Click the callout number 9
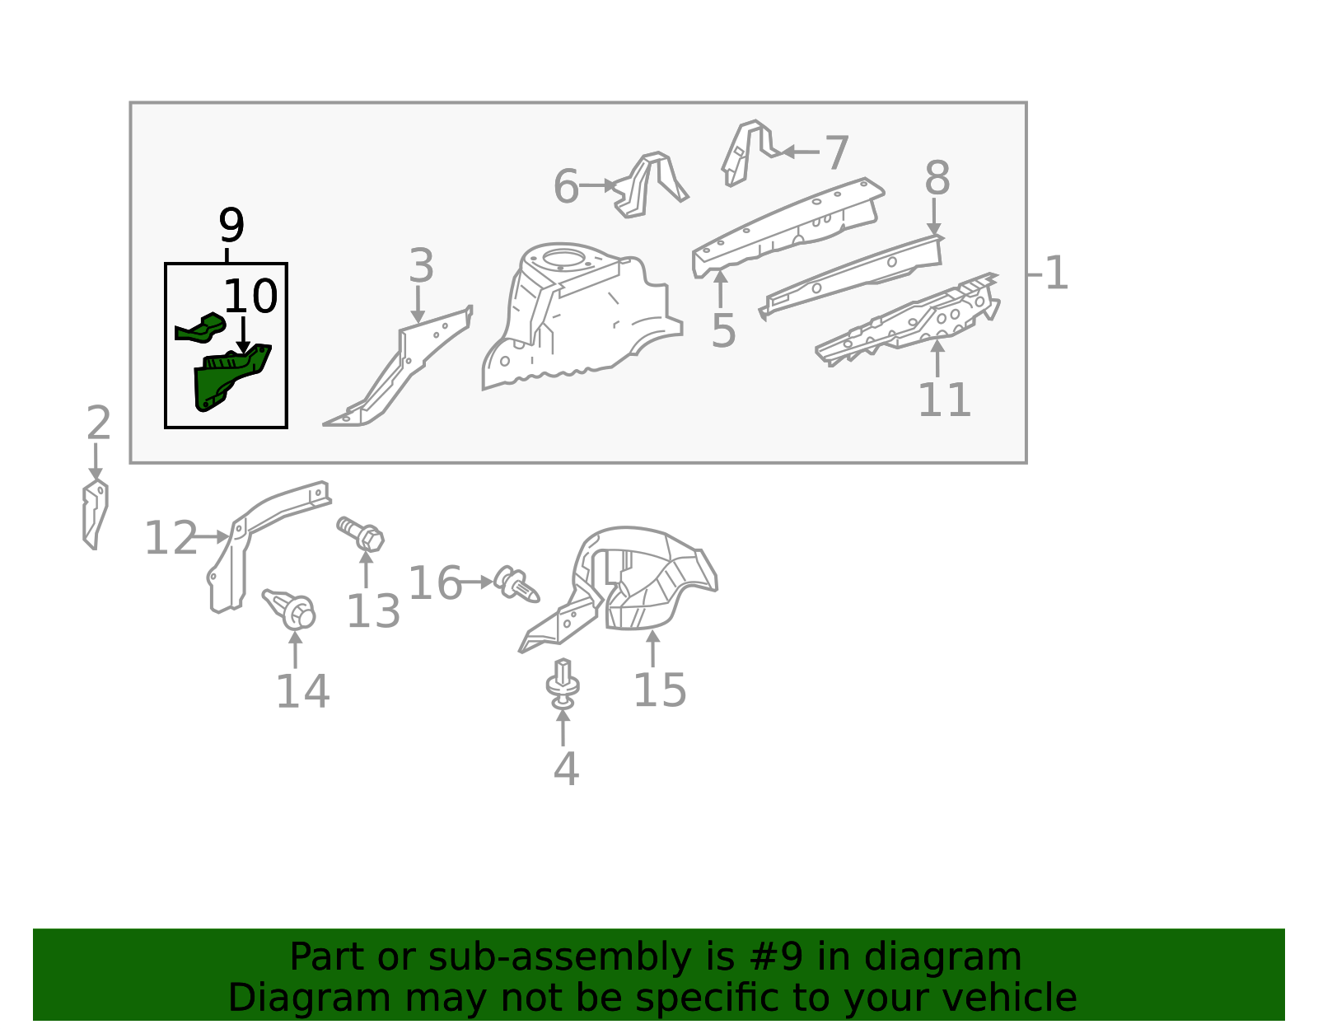point(231,225)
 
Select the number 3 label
point(421,265)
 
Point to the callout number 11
point(944,400)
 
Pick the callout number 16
point(434,582)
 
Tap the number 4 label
point(566,769)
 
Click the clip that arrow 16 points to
point(516,585)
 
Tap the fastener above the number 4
point(563,683)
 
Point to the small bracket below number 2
point(96,515)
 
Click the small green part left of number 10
point(200,328)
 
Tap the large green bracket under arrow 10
point(231,377)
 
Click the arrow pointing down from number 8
point(934,217)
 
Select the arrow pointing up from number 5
point(720,289)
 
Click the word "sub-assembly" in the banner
point(559,957)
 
